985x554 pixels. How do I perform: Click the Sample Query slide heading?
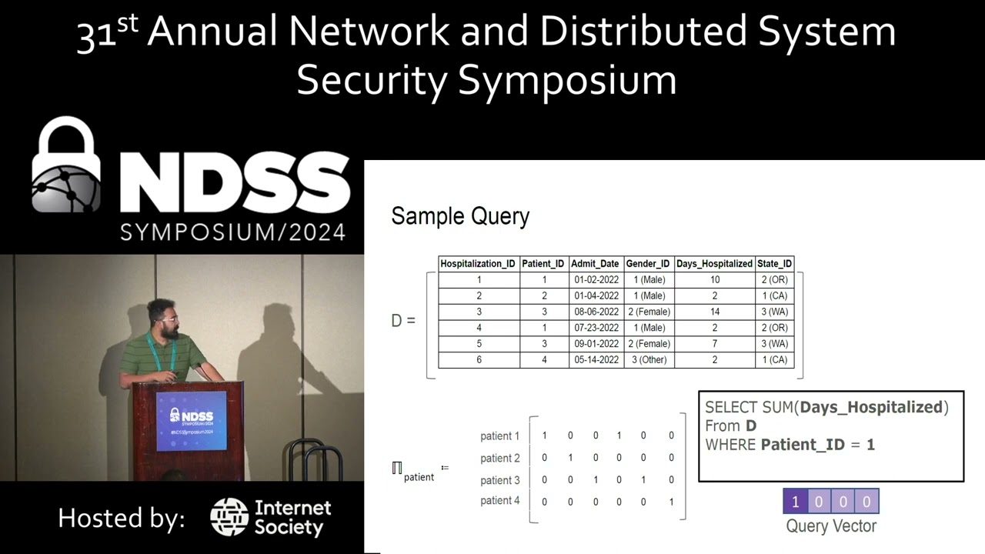(460, 216)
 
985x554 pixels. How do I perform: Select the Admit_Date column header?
(596, 263)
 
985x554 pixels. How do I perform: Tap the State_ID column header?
(774, 263)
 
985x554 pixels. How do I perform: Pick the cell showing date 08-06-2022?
(596, 312)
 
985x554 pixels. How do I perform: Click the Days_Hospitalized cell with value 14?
(715, 312)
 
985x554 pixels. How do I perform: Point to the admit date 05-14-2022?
(596, 359)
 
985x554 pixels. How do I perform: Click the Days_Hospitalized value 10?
(715, 279)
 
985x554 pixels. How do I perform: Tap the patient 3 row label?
(500, 480)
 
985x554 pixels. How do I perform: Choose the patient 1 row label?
(500, 436)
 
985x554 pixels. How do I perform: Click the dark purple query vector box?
(795, 502)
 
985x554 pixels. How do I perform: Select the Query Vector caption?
(831, 526)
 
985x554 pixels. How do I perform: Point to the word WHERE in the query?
(731, 445)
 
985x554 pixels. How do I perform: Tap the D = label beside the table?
(403, 320)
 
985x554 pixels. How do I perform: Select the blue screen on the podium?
(192, 421)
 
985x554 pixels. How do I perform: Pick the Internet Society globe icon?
(229, 517)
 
